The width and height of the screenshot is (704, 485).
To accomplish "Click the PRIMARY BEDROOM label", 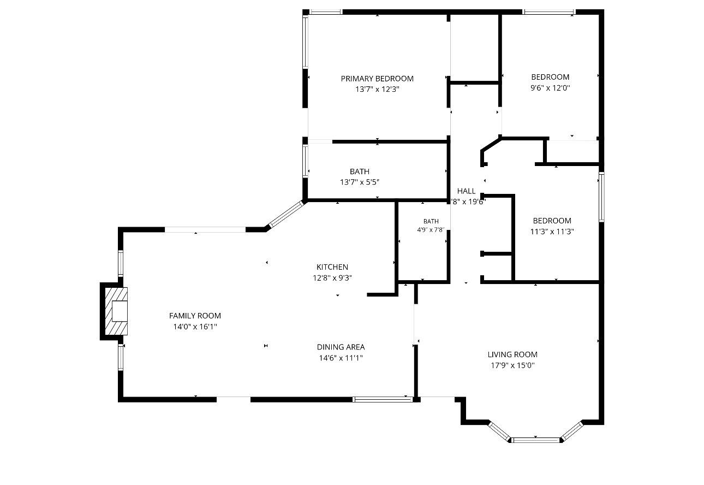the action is pos(377,78).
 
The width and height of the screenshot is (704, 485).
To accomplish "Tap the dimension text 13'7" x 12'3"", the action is pos(377,89).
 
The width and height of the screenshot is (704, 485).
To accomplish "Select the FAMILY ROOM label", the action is pos(195,316).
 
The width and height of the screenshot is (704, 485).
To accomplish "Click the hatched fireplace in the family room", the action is pos(116,311).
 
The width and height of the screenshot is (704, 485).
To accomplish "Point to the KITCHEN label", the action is pos(332,267).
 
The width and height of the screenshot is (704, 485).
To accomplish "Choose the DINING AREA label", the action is pos(341,347).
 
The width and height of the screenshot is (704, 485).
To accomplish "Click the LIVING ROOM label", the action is pos(512,354).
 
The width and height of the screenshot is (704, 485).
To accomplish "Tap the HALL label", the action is pos(467,191).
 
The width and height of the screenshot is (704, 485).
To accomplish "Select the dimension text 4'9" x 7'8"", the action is pos(431,230).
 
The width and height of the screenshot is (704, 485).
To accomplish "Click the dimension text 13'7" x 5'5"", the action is pos(360,182).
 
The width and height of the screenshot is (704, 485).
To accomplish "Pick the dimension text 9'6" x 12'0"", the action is pos(550,87).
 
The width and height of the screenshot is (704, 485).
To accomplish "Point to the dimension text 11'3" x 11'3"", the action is pos(552,232).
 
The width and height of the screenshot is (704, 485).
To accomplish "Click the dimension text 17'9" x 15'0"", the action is pos(512,365).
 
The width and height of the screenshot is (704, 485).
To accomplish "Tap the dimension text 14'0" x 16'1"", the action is pos(195,327).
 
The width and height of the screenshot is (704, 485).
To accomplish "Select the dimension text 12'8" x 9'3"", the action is pos(332,277).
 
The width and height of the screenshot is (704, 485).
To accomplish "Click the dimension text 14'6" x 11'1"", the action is pos(341,358).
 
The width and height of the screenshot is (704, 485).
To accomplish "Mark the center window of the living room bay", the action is pos(535,440).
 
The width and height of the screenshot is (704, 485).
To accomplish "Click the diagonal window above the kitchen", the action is pos(287,214).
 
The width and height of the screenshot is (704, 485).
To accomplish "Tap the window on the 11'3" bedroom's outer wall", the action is pos(601,197).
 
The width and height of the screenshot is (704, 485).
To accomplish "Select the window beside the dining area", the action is pos(383,399).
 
